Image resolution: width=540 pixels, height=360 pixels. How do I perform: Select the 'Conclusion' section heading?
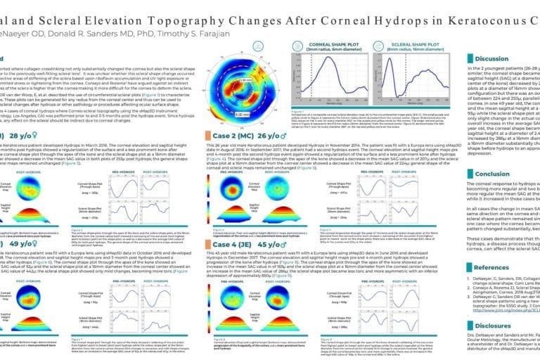click(x=491, y=174)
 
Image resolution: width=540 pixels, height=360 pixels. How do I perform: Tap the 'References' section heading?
click(x=491, y=268)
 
